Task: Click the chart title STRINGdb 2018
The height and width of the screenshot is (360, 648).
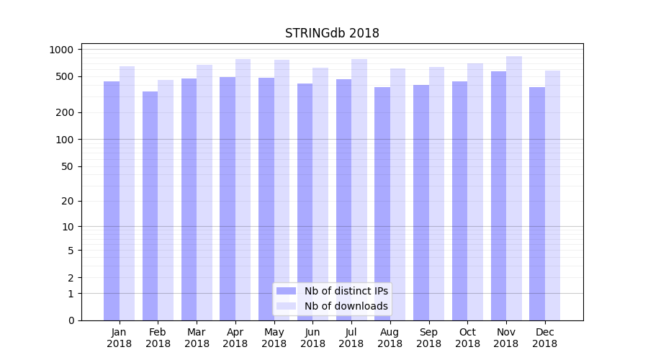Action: point(332,33)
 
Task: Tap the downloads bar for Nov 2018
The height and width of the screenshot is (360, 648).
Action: point(514,188)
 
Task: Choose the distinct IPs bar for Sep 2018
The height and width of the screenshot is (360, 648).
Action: point(421,202)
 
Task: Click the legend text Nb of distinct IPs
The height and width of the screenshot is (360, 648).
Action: point(346,291)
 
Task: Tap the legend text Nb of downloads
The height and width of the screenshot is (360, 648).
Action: point(346,306)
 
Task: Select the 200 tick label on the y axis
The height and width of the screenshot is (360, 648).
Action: point(67,112)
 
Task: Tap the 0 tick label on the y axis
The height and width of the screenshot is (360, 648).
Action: point(72,320)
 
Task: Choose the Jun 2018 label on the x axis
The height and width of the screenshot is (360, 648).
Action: point(312,338)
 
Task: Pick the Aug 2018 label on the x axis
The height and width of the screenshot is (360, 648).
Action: point(390,338)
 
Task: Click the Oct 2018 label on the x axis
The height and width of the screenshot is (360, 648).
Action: point(467,338)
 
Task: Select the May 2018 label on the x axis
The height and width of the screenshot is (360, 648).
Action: point(274,338)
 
